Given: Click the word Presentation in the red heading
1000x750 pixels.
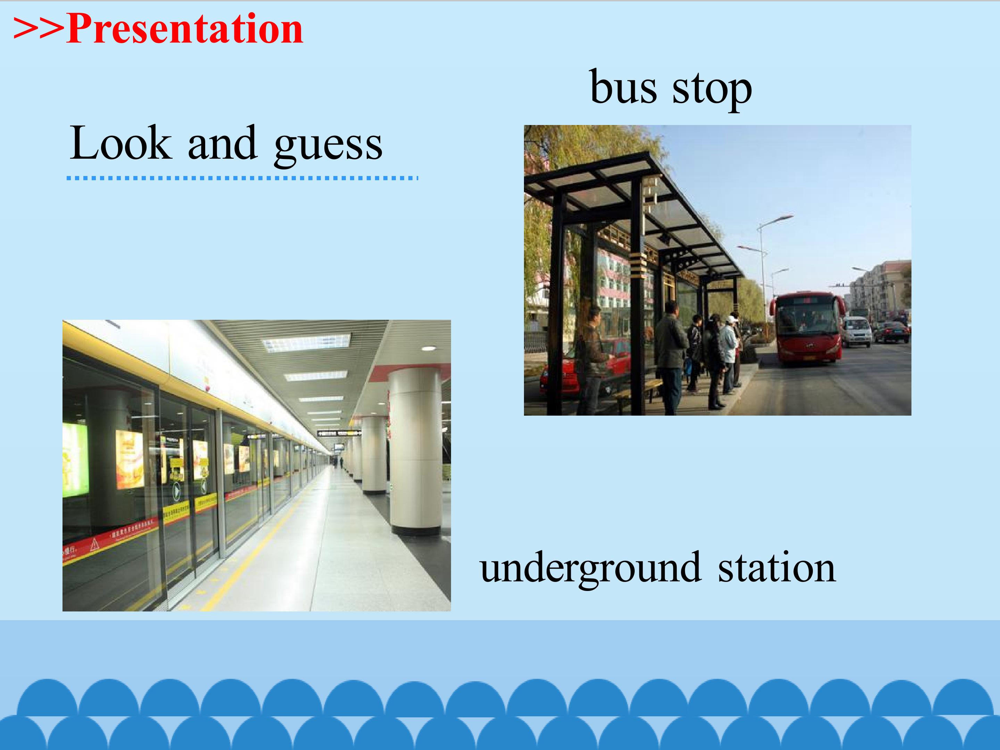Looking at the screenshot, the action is (184, 30).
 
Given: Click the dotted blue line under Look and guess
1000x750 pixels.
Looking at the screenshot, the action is (242, 178).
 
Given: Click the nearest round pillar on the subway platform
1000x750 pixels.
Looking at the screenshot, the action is (415, 452).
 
